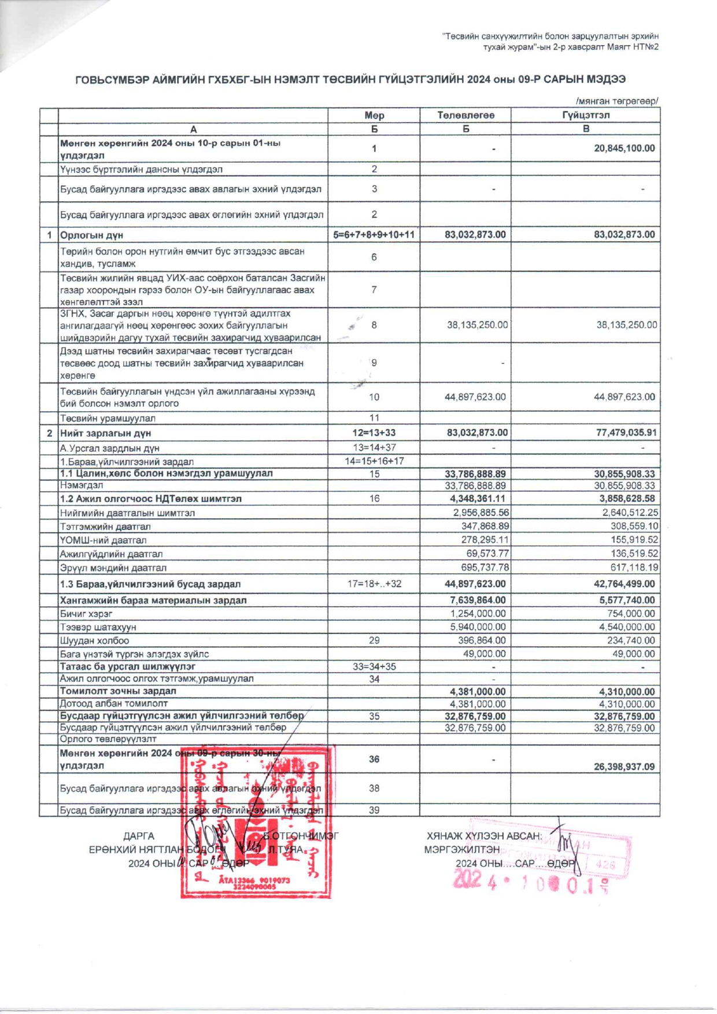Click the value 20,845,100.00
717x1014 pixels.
[x=624, y=149]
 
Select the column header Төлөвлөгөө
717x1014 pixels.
[x=465, y=115]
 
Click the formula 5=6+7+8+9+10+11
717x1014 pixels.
[x=374, y=235]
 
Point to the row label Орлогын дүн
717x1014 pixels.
[x=92, y=235]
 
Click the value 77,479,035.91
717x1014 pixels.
[x=624, y=433]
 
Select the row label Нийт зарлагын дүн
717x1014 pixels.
[x=106, y=433]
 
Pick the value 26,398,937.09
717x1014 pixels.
[x=624, y=766]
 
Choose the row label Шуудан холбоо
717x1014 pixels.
[x=95, y=640]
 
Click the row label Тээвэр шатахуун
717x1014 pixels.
[x=98, y=627]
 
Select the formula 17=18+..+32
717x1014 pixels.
[x=374, y=584]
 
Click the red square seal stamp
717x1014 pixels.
[x=256, y=821]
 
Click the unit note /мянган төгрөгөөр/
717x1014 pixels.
[x=616, y=101]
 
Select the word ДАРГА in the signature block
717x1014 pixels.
[x=139, y=836]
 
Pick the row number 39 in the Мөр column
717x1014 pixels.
[x=374, y=810]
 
